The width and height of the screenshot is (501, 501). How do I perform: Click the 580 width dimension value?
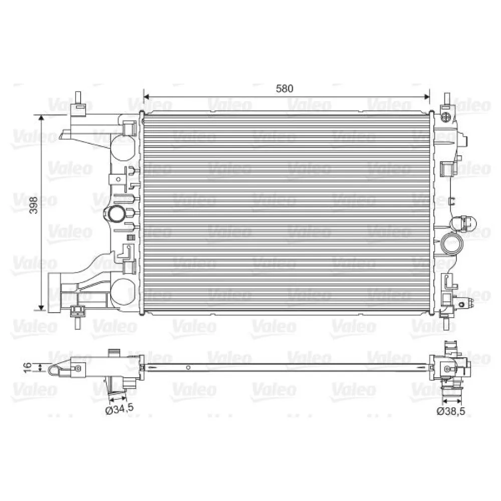285,89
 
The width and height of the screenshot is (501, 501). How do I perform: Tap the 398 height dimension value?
34,205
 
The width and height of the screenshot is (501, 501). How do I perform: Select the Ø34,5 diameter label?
119,409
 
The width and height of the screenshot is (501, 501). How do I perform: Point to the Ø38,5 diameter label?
451,411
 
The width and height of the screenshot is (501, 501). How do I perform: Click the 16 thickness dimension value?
29,367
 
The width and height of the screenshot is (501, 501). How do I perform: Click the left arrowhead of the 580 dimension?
147,97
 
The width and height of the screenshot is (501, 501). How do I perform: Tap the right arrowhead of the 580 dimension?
426,97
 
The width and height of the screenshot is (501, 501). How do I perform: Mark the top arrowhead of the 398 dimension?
41,118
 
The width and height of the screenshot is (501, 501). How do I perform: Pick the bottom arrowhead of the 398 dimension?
41,308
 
